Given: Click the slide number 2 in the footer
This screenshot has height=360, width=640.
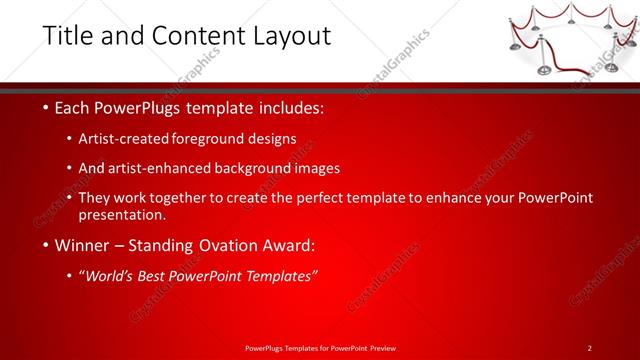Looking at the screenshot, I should point(590,347).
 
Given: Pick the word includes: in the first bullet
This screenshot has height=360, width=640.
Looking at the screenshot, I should point(291,108).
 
